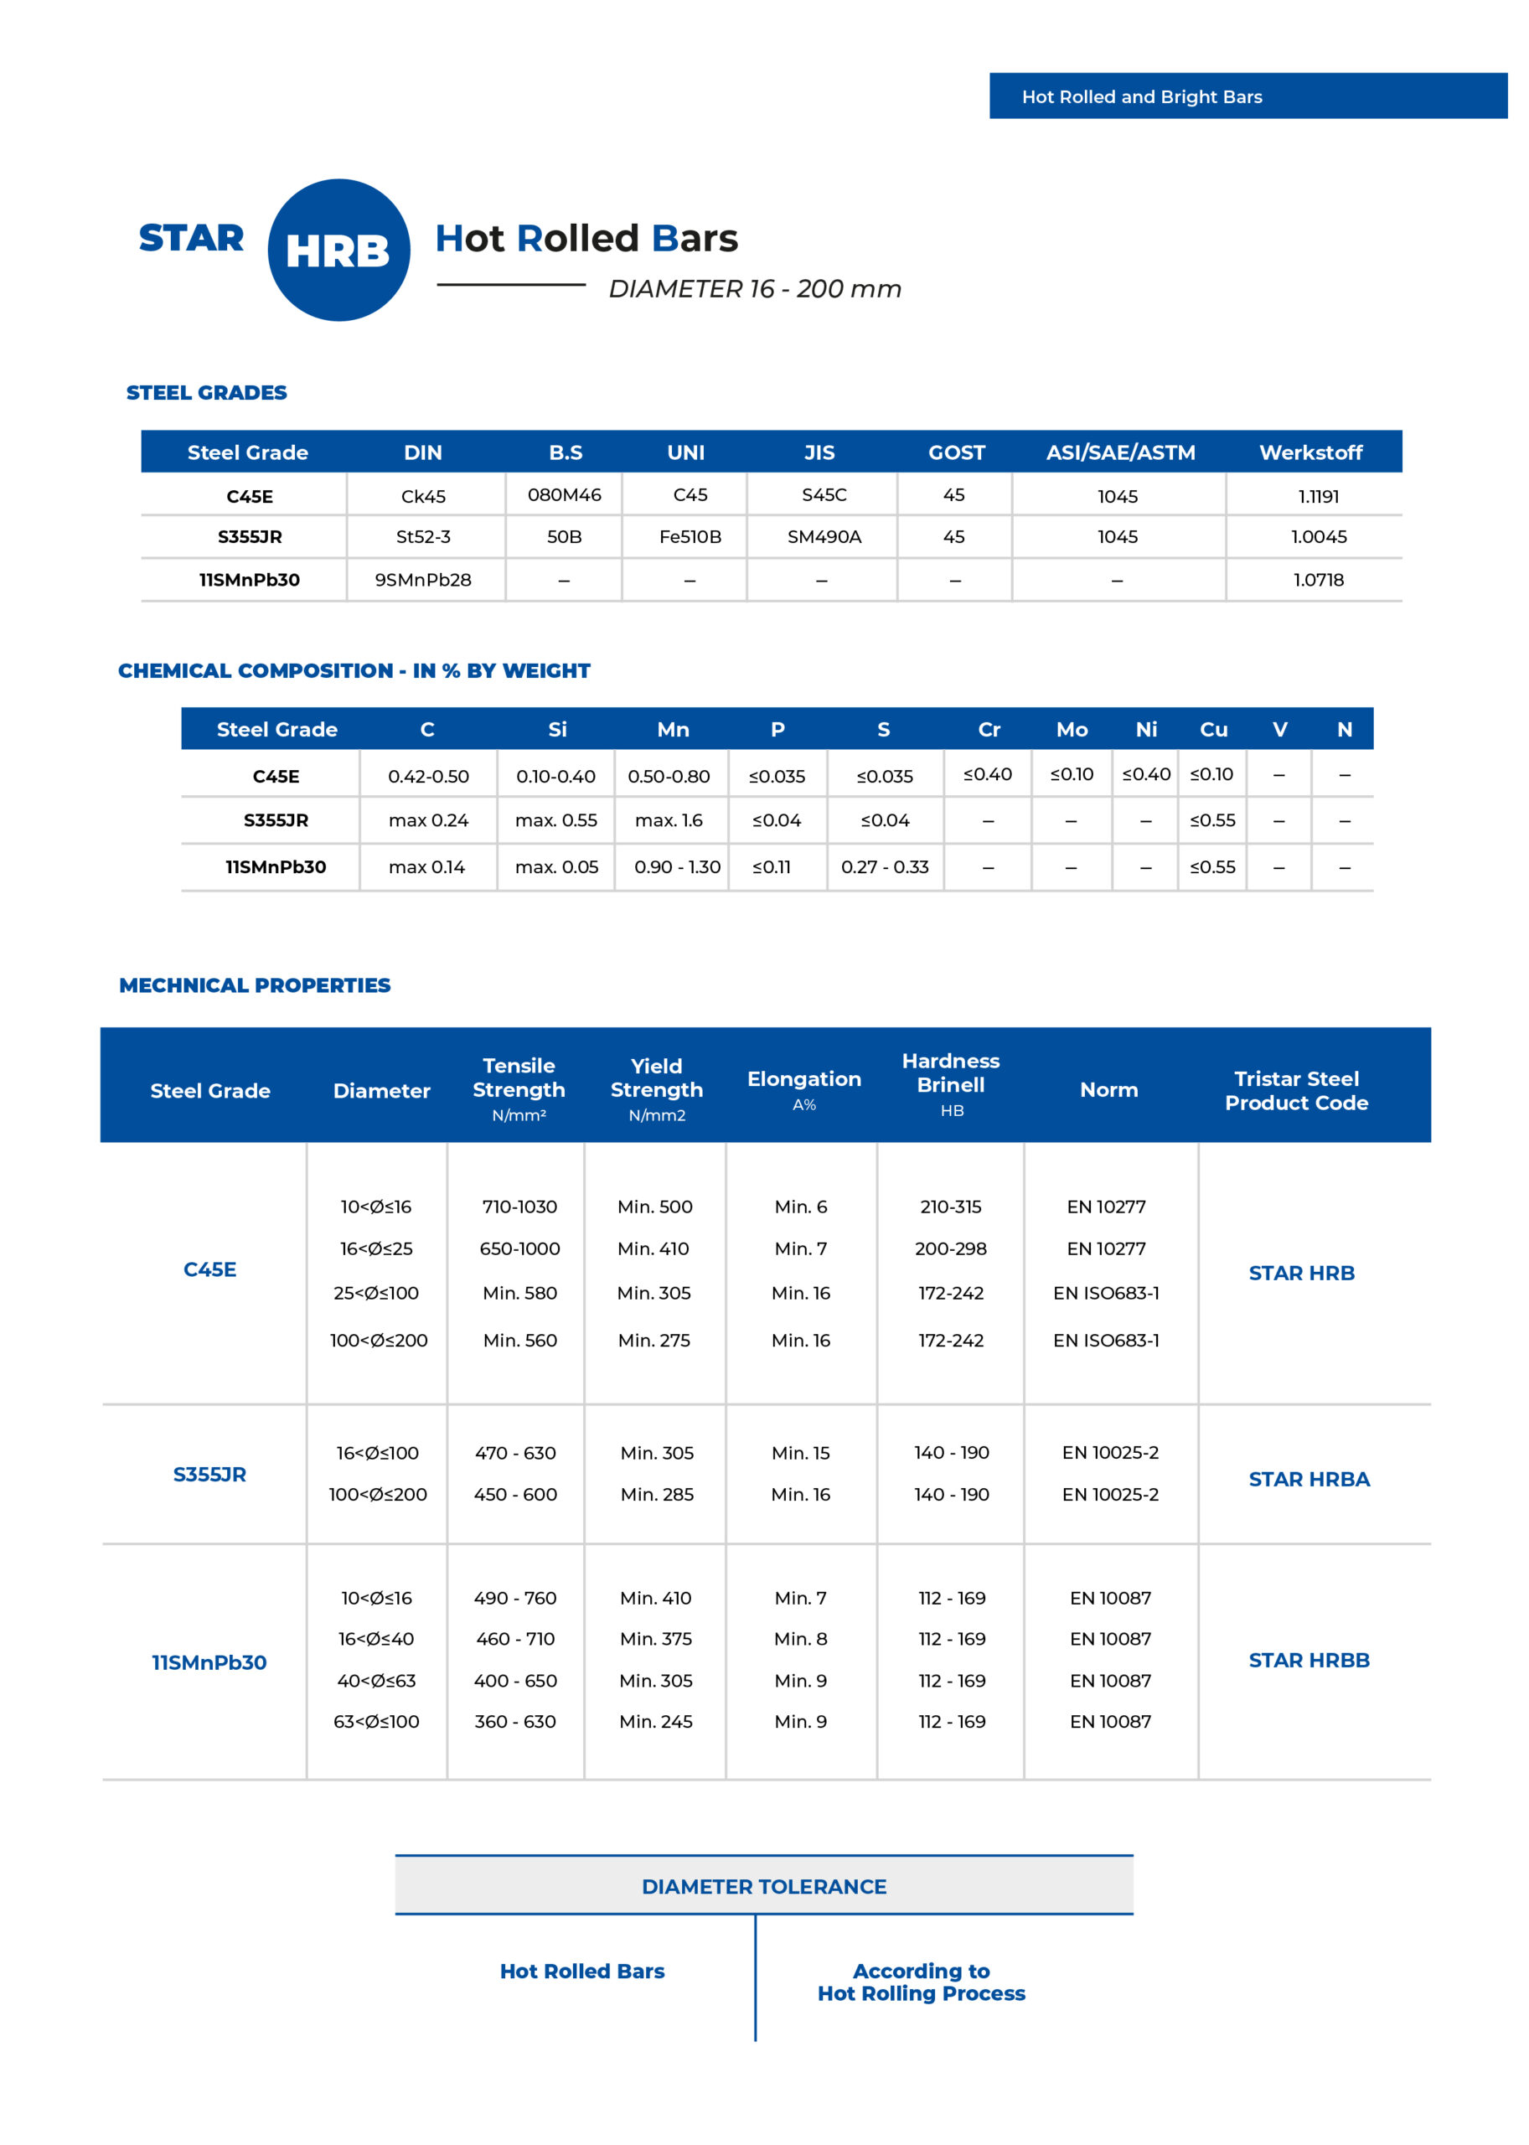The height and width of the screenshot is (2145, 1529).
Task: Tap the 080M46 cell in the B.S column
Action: (x=564, y=494)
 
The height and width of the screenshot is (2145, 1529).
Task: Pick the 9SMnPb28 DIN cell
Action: (x=423, y=580)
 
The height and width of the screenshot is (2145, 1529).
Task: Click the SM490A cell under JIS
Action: (x=824, y=537)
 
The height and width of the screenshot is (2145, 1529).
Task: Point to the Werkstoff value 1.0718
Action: (x=1317, y=580)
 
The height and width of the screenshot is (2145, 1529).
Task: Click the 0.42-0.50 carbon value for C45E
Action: (x=428, y=777)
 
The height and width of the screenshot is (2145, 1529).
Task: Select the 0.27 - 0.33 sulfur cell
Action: (x=884, y=867)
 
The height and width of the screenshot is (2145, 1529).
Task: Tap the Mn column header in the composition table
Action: (x=672, y=730)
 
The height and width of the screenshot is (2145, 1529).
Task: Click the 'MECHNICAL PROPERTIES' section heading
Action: (x=254, y=985)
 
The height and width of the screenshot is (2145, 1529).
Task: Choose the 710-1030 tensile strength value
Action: (x=519, y=1207)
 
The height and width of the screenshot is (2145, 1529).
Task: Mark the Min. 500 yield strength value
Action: (x=654, y=1207)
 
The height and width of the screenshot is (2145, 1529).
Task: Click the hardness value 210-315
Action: (x=950, y=1207)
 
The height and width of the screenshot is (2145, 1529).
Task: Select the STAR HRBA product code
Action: (x=1308, y=1479)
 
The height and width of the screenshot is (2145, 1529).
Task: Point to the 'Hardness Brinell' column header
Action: (x=950, y=1074)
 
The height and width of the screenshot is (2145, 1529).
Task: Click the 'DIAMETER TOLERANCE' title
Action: (x=763, y=1887)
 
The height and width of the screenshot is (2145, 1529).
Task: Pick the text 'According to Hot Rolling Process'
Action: (x=921, y=1982)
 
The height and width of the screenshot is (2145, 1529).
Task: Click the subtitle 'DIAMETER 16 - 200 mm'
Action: (x=754, y=289)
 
